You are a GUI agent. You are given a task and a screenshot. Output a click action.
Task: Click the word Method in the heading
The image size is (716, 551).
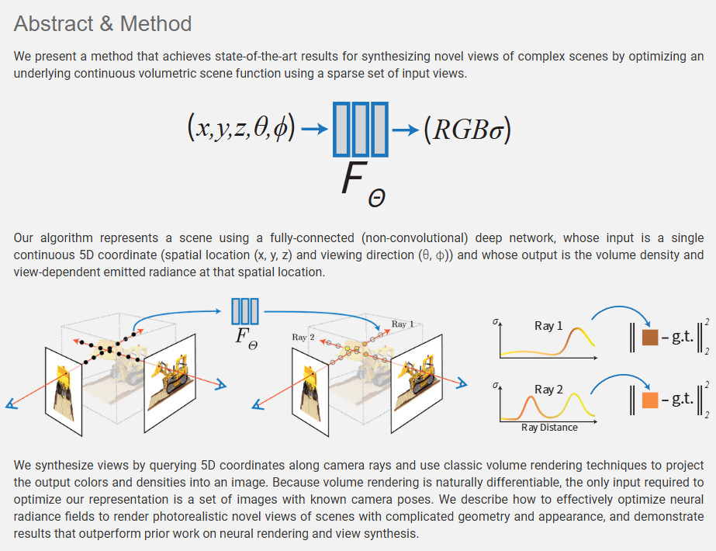click(155, 23)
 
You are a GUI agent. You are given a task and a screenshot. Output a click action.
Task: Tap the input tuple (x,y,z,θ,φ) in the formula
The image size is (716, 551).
click(240, 128)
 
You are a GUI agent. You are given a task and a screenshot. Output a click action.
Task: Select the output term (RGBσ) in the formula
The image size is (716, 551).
click(467, 129)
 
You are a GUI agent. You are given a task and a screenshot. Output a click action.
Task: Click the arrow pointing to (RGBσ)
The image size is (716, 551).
click(405, 129)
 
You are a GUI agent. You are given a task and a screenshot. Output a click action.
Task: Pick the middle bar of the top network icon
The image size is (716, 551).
click(360, 129)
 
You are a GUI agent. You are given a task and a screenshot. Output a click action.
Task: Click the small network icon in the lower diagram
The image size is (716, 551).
click(244, 310)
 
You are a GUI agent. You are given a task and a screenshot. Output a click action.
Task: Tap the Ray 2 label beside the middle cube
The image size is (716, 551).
click(303, 337)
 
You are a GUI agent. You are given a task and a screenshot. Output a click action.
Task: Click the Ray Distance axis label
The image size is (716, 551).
click(549, 427)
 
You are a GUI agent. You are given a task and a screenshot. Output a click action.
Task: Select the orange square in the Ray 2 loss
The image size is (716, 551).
click(650, 400)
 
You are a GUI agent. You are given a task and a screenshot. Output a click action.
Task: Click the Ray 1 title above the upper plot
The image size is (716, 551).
click(548, 326)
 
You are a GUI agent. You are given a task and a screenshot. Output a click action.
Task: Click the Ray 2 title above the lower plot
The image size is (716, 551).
click(548, 389)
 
